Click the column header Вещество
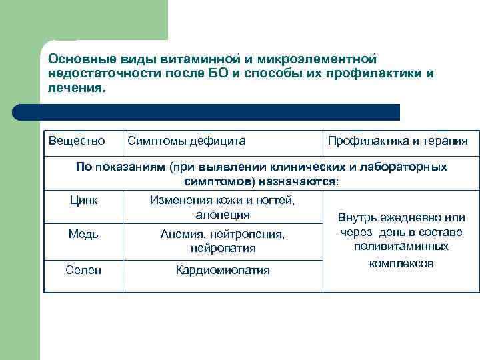click(x=77, y=141)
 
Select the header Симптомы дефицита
click(x=186, y=141)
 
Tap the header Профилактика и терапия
click(x=397, y=141)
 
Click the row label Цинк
click(x=83, y=200)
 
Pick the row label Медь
click(x=83, y=234)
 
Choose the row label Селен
click(x=83, y=270)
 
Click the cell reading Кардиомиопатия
click(x=223, y=270)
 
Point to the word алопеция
click(x=223, y=215)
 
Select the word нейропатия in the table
click(x=223, y=249)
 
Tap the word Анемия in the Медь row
click(x=181, y=234)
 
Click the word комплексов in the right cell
click(x=401, y=263)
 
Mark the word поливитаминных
click(x=401, y=247)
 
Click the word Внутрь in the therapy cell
click(x=358, y=217)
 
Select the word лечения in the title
click(x=74, y=88)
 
